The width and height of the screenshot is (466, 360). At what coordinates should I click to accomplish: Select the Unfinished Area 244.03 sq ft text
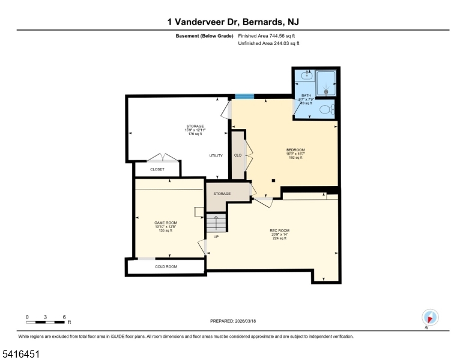click(268, 43)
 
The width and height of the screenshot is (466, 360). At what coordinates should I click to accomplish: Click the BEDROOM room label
click(295, 149)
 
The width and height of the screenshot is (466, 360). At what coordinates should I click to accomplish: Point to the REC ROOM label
click(279, 230)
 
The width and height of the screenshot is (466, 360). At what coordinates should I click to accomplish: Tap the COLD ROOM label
click(166, 266)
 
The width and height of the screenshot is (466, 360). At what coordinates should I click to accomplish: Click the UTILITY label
click(216, 155)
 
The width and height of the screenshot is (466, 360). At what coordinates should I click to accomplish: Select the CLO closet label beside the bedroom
click(237, 155)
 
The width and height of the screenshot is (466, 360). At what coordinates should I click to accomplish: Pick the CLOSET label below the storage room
click(157, 169)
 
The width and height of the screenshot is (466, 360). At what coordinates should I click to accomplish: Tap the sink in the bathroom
click(307, 76)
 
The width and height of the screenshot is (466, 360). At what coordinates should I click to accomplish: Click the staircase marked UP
click(216, 223)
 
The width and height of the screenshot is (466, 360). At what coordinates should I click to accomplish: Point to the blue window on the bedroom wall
click(244, 96)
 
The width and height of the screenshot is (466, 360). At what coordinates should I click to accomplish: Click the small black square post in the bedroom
click(273, 179)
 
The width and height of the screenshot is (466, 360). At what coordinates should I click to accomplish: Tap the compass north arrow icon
click(431, 317)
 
